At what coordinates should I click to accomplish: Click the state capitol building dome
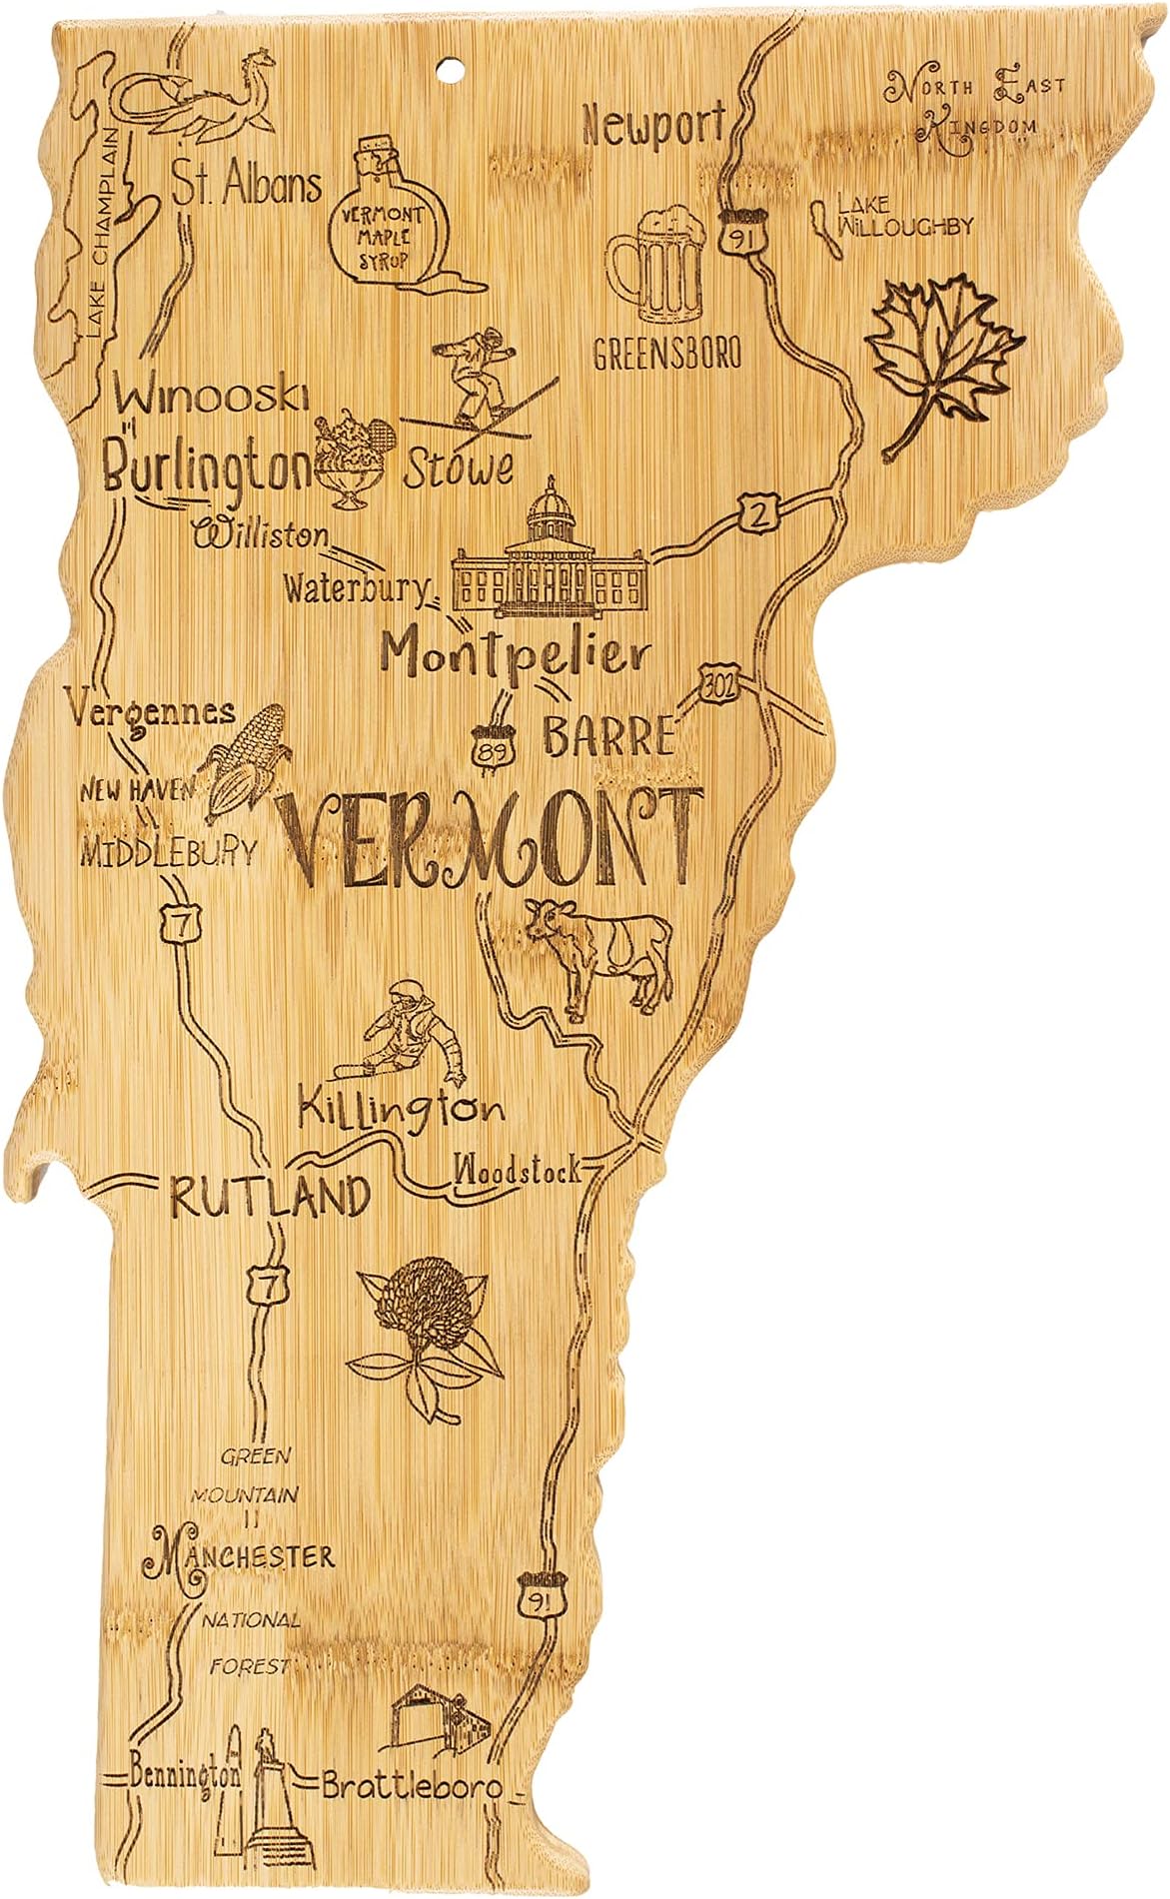point(548,509)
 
